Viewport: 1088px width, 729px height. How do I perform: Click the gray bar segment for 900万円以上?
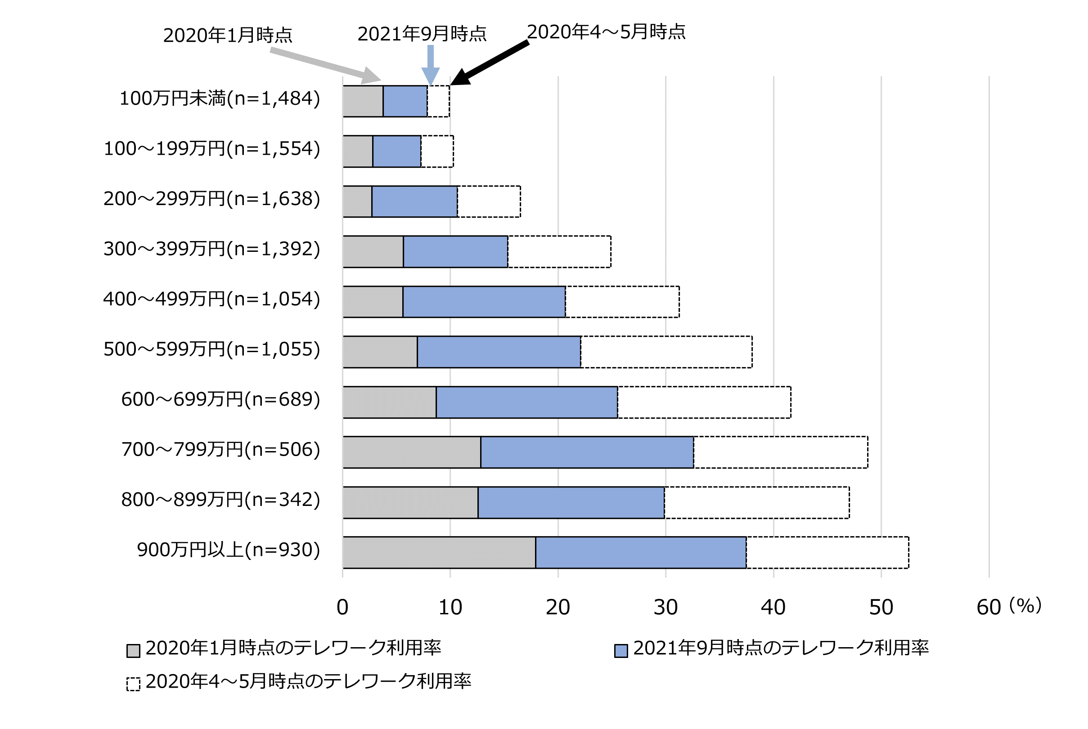439,552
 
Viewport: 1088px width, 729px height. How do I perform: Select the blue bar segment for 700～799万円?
587,452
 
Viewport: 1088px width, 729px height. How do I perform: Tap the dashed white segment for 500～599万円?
666,352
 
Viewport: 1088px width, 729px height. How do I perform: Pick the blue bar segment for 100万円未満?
405,101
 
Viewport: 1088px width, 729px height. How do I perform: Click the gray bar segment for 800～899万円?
410,502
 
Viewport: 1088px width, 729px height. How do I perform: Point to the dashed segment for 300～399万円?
559,251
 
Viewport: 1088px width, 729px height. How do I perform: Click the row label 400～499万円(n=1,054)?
211,299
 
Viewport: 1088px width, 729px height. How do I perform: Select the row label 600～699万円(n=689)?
220,399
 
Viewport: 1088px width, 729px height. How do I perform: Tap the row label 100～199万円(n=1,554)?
211,149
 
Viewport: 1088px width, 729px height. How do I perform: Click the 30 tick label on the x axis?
665,607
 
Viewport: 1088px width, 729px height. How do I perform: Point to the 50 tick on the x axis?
881,607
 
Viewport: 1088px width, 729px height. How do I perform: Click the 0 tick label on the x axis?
342,607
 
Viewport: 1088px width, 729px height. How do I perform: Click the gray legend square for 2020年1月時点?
134,650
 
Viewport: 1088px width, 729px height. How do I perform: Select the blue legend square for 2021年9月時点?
620,650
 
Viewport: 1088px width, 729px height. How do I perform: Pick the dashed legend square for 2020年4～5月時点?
134,684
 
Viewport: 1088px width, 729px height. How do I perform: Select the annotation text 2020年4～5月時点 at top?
606,31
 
